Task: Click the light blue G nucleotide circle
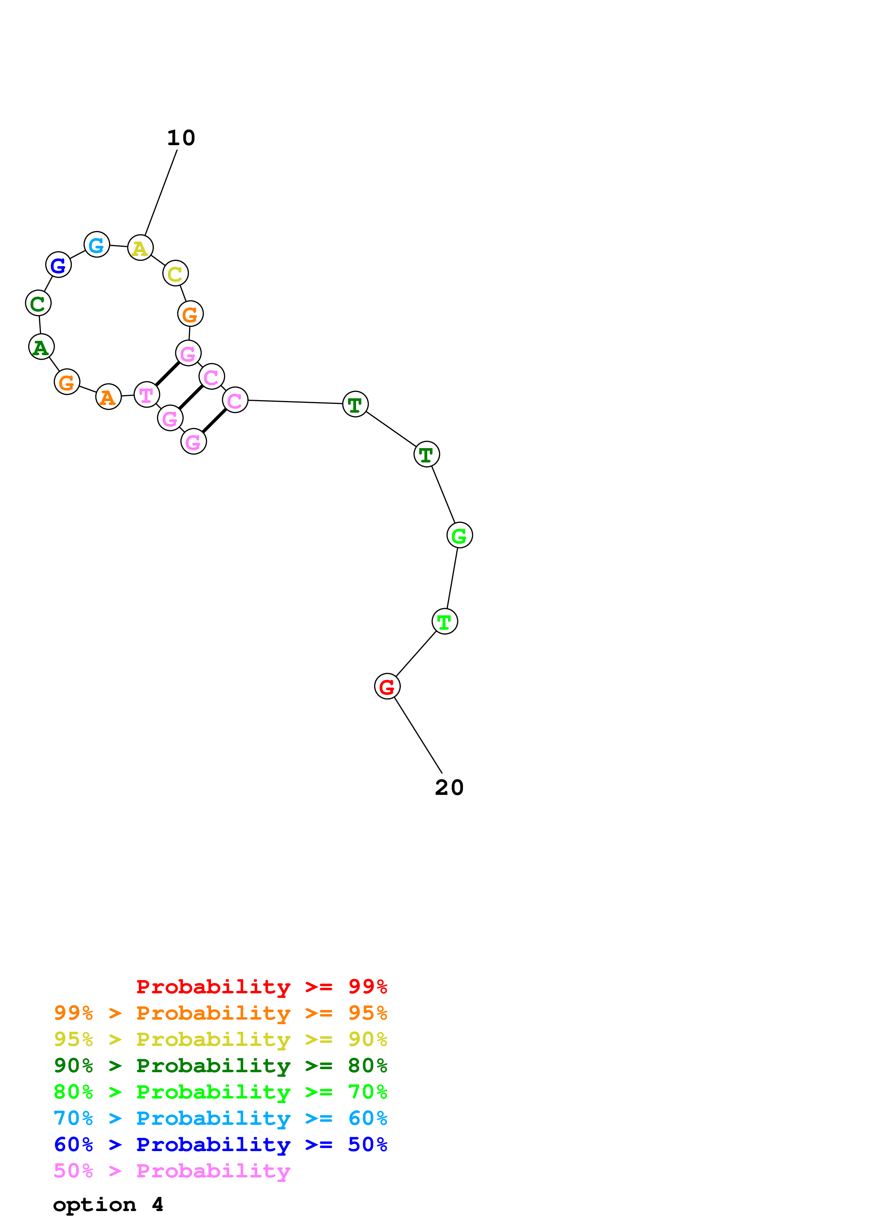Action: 96,245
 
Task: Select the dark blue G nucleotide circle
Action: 58,265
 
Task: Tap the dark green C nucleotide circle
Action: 38,303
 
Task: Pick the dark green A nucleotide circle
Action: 41,347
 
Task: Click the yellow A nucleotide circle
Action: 140,248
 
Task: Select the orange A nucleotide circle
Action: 108,397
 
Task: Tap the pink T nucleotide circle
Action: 146,395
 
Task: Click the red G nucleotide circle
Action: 387,686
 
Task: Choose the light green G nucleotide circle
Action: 460,535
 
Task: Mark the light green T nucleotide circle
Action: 444,621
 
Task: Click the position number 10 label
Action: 181,138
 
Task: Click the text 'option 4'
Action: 108,1205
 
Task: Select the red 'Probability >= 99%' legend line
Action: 261,986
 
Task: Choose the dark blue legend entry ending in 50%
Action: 220,1145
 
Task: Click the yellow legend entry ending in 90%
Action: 220,1039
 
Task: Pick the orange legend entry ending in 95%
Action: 220,1013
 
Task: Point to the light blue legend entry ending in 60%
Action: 220,1119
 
